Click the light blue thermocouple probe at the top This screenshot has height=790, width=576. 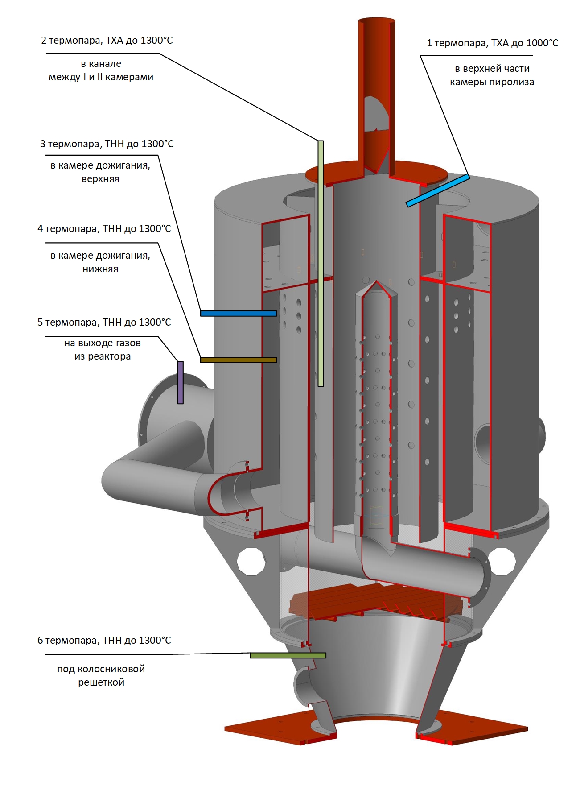tap(437, 190)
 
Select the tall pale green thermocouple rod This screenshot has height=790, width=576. tap(321, 263)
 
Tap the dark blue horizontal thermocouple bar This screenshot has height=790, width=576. tap(238, 314)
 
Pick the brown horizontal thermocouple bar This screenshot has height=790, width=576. tap(238, 360)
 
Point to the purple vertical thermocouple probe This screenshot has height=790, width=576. tap(181, 382)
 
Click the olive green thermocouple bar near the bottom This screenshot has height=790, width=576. tap(288, 655)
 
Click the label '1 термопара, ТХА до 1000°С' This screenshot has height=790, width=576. tap(492, 43)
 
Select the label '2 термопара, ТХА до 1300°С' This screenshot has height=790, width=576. tap(107, 41)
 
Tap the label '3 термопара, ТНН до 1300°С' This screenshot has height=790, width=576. tap(107, 144)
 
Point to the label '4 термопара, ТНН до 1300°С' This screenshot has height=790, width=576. tap(104, 229)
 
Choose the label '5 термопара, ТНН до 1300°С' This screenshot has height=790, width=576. tap(104, 323)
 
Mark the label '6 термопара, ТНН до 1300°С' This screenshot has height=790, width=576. tap(104, 641)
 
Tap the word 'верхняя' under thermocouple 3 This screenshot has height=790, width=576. tap(100, 179)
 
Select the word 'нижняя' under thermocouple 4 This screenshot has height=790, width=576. tap(100, 269)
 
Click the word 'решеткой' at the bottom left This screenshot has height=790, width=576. tap(101, 682)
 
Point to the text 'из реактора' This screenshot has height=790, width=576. tap(103, 356)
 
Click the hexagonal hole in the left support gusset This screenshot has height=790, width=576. tap(251, 561)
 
